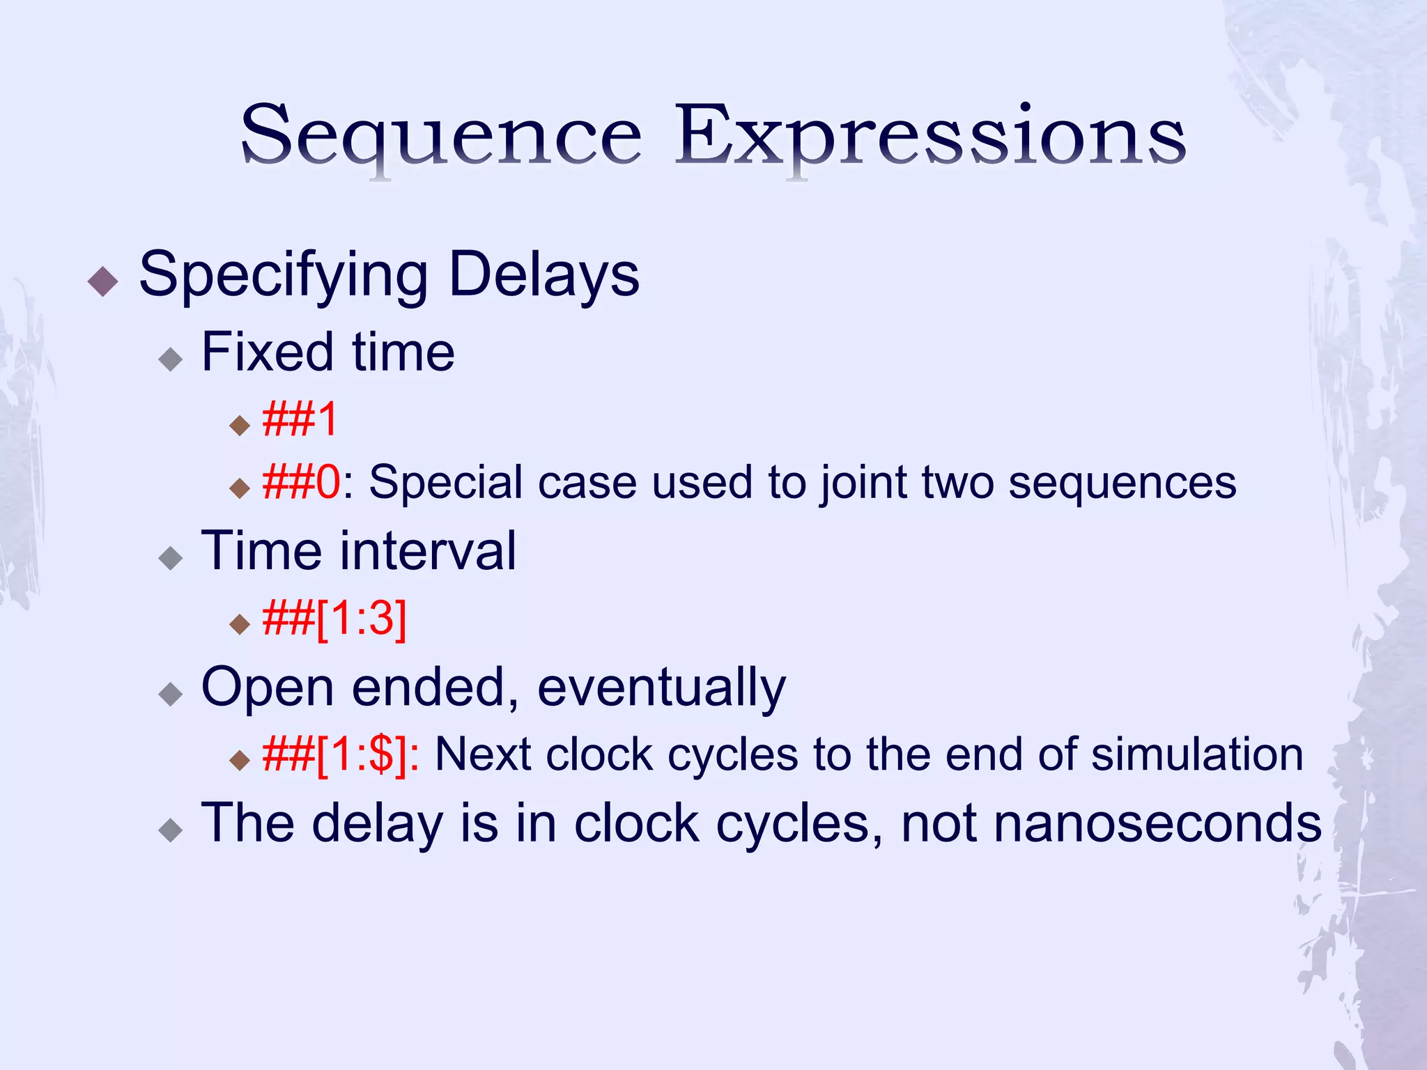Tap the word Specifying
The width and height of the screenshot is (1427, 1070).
[283, 276]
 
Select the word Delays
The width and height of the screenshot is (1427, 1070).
[543, 274]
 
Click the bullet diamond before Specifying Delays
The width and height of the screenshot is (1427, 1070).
[103, 281]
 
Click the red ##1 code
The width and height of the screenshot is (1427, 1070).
[300, 420]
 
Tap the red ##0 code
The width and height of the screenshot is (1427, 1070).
[302, 482]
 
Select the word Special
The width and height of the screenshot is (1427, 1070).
[445, 482]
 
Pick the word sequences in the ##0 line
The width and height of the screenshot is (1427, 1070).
[1122, 482]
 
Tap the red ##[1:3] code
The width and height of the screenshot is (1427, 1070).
[334, 618]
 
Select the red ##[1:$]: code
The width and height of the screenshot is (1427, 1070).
[341, 754]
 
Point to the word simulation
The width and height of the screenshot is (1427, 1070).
[1196, 754]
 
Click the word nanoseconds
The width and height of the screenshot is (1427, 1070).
[1111, 823]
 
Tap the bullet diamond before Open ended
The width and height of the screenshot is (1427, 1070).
[170, 694]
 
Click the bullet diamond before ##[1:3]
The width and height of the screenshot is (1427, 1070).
[239, 623]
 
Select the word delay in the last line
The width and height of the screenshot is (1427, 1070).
[377, 823]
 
